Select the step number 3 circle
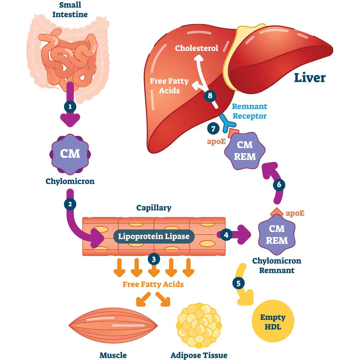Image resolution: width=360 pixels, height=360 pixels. pos(154,259)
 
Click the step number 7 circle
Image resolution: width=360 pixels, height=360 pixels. pos(213,129)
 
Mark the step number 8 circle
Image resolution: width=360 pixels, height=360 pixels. pos(210,95)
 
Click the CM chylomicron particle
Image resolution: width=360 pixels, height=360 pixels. pos(70,154)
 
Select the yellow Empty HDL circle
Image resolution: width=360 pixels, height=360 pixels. pos(272,322)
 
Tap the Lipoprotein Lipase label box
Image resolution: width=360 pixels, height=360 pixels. pos(153,236)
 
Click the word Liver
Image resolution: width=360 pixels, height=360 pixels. pos(310,78)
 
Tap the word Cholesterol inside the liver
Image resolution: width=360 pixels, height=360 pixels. pos(197,48)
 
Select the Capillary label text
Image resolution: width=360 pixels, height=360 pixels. pos(154,208)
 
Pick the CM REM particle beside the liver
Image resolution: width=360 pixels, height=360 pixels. pos(245,150)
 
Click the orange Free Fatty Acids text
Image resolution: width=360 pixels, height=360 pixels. pos(153,284)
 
